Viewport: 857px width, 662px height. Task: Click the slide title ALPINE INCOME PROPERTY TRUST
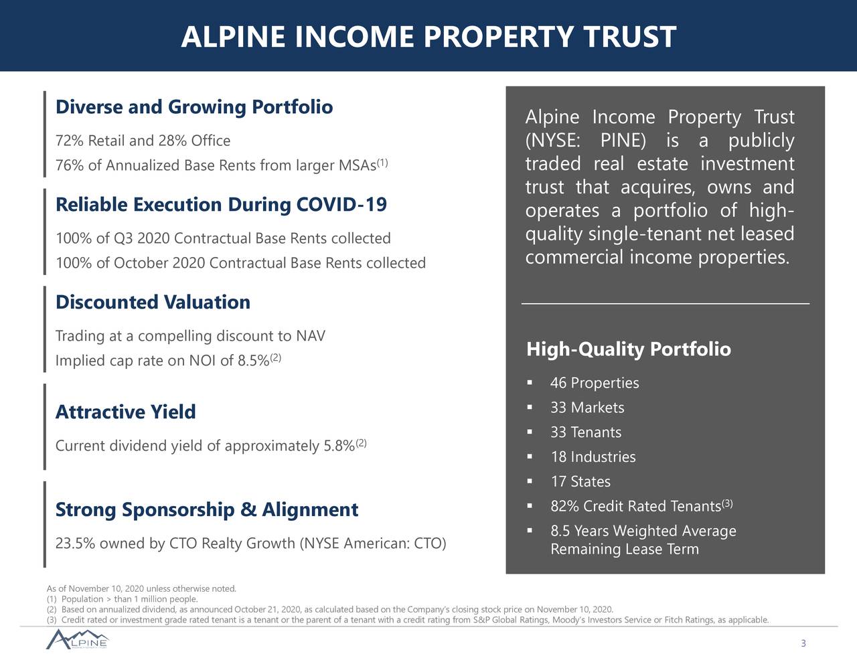point(428,37)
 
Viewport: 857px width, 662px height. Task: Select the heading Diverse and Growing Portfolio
point(193,107)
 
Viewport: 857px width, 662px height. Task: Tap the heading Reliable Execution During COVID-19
point(221,204)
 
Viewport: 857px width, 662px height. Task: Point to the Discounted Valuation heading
point(153,302)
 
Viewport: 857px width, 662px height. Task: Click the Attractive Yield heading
point(125,412)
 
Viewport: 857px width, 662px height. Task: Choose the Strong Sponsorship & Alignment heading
point(206,509)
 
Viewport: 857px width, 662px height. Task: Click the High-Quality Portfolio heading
point(628,349)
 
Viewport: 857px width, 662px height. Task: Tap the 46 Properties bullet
point(594,383)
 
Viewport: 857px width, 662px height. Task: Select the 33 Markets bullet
point(587,408)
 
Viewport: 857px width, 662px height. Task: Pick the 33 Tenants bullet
point(585,432)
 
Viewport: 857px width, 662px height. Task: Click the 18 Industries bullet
point(593,457)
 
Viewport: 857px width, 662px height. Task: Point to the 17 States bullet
point(580,482)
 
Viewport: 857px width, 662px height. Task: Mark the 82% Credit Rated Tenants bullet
point(635,507)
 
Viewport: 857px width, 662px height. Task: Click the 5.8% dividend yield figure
point(339,446)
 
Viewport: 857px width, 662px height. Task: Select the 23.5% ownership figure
point(74,543)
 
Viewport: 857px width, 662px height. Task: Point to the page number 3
point(803,644)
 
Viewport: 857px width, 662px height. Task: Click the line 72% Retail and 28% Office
point(143,141)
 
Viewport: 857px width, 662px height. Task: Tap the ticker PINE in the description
point(623,141)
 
